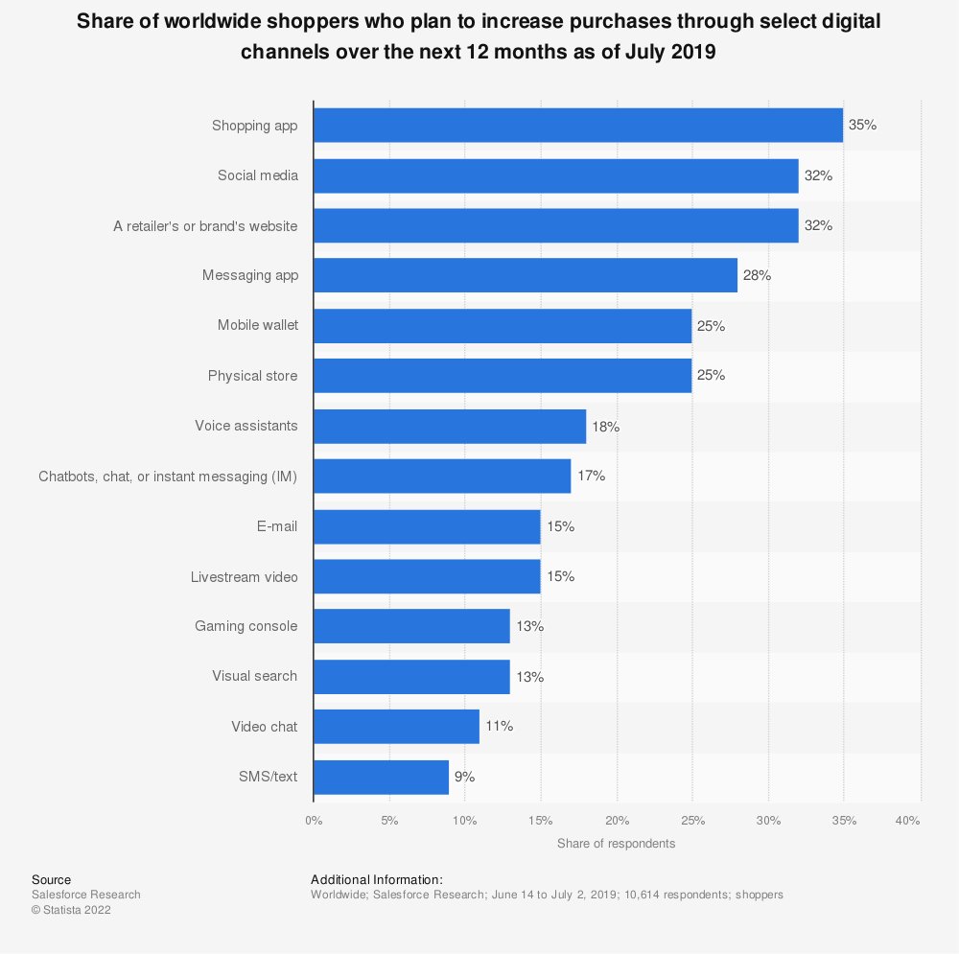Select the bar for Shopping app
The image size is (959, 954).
click(577, 126)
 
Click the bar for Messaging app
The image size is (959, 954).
click(525, 275)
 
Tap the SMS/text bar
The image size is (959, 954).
click(381, 777)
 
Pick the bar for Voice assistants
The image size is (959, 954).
click(449, 426)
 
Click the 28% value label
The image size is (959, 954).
click(757, 275)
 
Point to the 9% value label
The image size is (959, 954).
click(465, 777)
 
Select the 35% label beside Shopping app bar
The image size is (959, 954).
click(862, 126)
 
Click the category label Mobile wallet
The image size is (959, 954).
click(258, 325)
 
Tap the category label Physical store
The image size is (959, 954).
click(253, 376)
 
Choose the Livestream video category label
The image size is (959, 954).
click(245, 576)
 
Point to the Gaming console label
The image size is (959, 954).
click(246, 626)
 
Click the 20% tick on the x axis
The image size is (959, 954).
click(617, 821)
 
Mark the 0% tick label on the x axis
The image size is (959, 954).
click(314, 821)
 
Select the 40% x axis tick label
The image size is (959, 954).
click(908, 821)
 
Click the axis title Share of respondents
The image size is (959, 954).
click(616, 844)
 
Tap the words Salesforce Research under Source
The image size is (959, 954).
click(86, 895)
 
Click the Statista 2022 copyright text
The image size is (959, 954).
click(71, 910)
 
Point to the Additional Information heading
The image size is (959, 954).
click(377, 879)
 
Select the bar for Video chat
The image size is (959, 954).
click(396, 726)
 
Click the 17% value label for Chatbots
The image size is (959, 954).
click(591, 476)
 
